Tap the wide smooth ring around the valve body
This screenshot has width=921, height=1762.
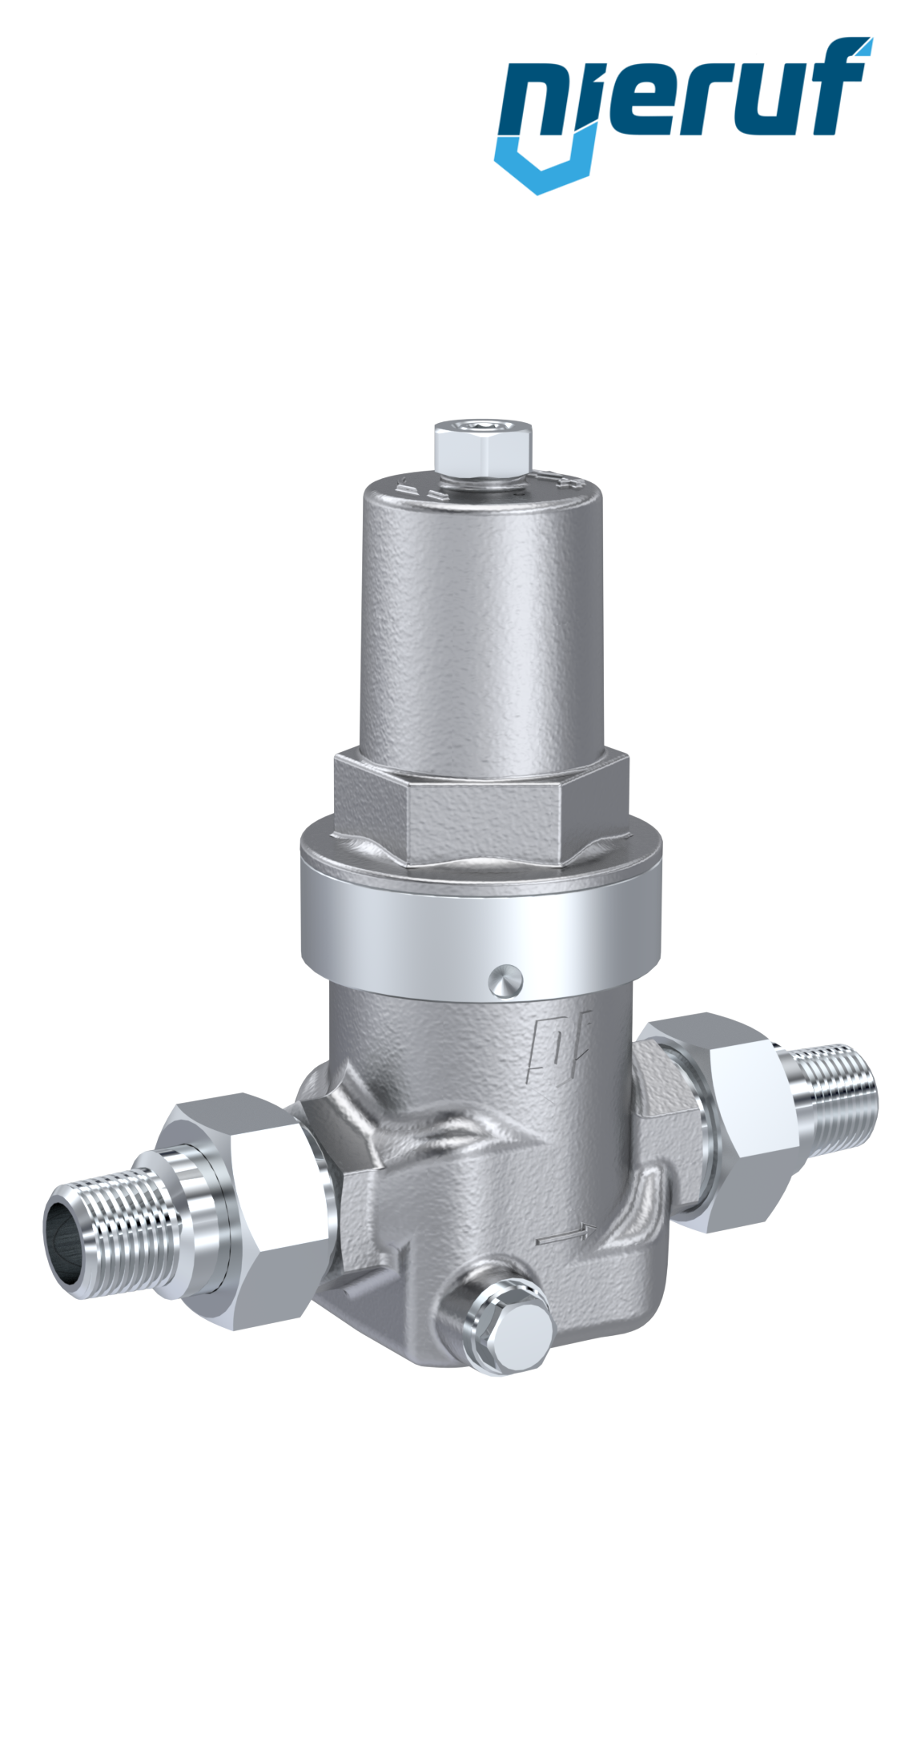[x=481, y=921]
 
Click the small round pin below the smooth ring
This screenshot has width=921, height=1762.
[x=505, y=980]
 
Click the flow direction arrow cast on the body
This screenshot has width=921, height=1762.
[x=567, y=1234]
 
